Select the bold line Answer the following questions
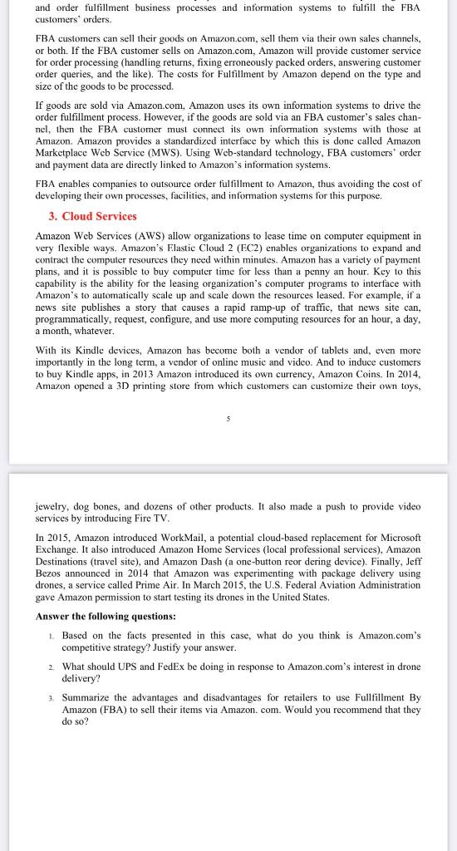pos(106,616)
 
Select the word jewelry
pos(54,505)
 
